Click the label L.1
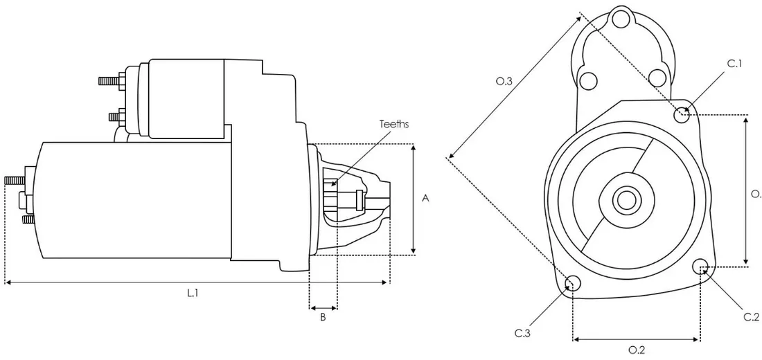point(193,294)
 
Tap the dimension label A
point(426,198)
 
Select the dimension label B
point(323,318)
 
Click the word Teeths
point(394,124)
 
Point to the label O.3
point(504,81)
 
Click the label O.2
point(637,350)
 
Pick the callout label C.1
point(735,63)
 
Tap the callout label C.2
point(752,317)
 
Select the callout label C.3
point(522,333)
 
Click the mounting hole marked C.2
point(700,267)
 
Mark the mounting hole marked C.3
point(573,282)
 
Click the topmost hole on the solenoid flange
point(620,20)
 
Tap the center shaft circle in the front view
point(626,200)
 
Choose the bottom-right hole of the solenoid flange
point(657,78)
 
